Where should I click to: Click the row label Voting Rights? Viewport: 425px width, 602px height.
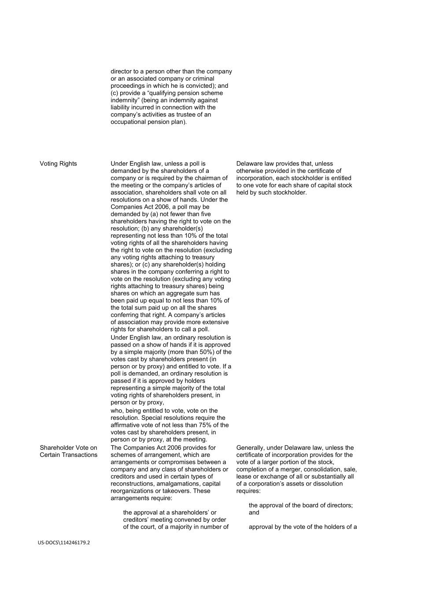[58, 164]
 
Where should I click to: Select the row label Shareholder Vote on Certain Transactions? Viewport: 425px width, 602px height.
[68, 451]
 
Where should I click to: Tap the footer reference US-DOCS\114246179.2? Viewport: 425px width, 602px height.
[63, 542]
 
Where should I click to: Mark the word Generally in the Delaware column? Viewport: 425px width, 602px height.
[251, 448]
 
